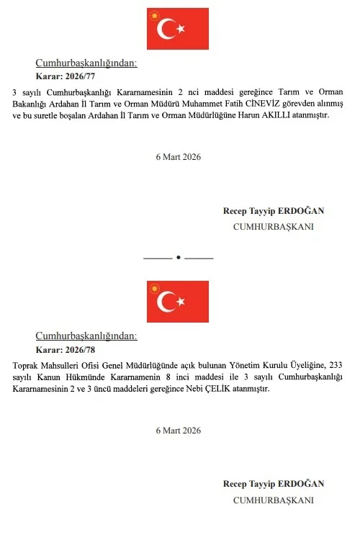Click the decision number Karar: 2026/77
[66, 76]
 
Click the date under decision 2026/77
[178, 157]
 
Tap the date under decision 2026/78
[178, 430]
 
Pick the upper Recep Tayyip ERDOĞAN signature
[274, 211]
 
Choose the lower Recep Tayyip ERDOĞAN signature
[274, 484]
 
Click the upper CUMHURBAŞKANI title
[274, 226]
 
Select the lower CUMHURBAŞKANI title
[274, 499]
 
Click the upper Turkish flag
[178, 29]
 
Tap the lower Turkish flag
[178, 301]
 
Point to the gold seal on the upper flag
[153, 15]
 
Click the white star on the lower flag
[181, 302]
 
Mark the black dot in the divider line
[179, 257]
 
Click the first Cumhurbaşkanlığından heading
[86, 63]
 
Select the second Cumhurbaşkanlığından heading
[86, 336]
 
